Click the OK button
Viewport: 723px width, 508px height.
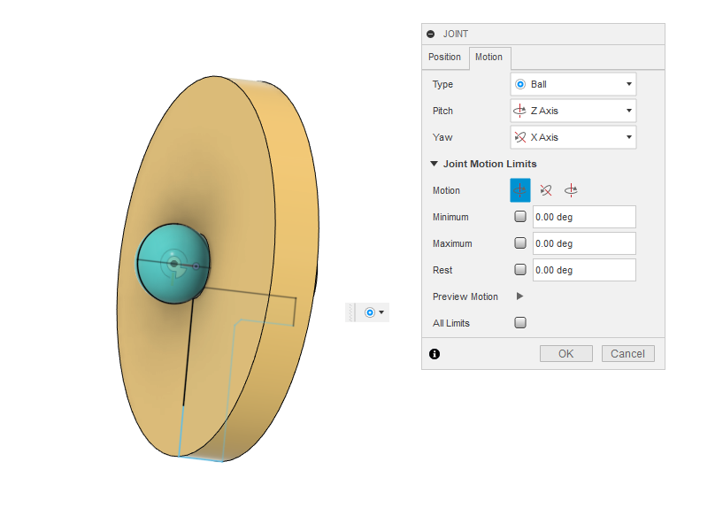click(x=565, y=353)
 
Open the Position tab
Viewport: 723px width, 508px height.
click(x=444, y=58)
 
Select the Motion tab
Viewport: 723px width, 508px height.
click(x=488, y=58)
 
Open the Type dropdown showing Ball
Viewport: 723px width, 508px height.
click(x=573, y=84)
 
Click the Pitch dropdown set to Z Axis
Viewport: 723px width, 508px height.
click(x=573, y=111)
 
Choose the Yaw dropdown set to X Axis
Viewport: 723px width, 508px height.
click(x=573, y=137)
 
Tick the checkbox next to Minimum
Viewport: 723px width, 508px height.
click(x=520, y=217)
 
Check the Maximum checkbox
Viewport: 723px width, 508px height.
click(x=520, y=243)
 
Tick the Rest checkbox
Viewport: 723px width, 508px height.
click(x=520, y=270)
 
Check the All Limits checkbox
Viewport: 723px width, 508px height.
click(x=520, y=323)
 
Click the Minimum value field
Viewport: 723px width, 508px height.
click(x=584, y=217)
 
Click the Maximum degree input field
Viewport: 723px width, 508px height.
click(x=584, y=243)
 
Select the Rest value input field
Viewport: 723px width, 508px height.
click(x=584, y=270)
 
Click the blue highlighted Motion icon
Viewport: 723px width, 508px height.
click(x=520, y=190)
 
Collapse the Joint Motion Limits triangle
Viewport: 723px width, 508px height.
click(x=434, y=164)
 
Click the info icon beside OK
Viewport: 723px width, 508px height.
click(x=435, y=354)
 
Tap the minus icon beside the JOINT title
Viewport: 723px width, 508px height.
click(x=431, y=34)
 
